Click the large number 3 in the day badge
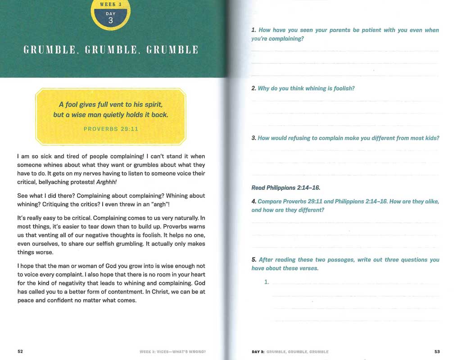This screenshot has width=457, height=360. tap(111, 21)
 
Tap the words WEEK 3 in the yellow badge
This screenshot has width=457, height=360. tap(111, 4)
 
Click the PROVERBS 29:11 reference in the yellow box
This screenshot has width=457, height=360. tap(111, 129)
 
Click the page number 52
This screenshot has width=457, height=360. tap(20, 351)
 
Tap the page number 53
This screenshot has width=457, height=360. tap(437, 351)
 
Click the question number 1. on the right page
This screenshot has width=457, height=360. tap(254, 30)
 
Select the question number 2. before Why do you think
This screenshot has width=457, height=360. tap(254, 89)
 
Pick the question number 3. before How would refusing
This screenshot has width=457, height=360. tap(254, 138)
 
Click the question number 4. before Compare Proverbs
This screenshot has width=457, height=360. tap(254, 202)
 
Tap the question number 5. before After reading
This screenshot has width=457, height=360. tap(254, 260)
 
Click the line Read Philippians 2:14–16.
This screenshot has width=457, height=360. tap(285, 188)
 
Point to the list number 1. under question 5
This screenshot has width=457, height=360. tap(267, 282)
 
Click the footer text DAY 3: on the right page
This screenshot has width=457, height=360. tap(258, 351)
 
